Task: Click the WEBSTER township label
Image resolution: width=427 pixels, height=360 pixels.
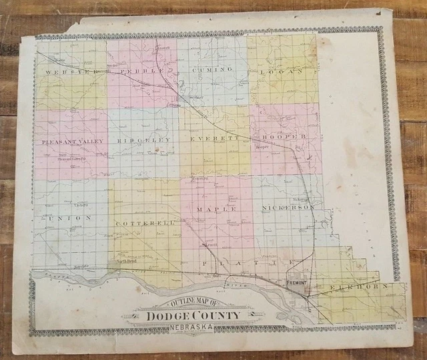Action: [67, 71]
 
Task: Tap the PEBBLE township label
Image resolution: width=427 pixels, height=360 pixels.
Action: [140, 70]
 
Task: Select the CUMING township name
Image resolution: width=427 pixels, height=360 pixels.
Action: [212, 69]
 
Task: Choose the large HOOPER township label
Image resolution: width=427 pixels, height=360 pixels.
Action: [284, 136]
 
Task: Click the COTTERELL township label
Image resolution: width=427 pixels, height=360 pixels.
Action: [145, 222]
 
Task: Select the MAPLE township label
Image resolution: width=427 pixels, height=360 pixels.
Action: [216, 210]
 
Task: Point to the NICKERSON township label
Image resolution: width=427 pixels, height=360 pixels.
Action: [288, 208]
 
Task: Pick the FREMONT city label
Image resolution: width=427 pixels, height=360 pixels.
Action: [296, 283]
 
